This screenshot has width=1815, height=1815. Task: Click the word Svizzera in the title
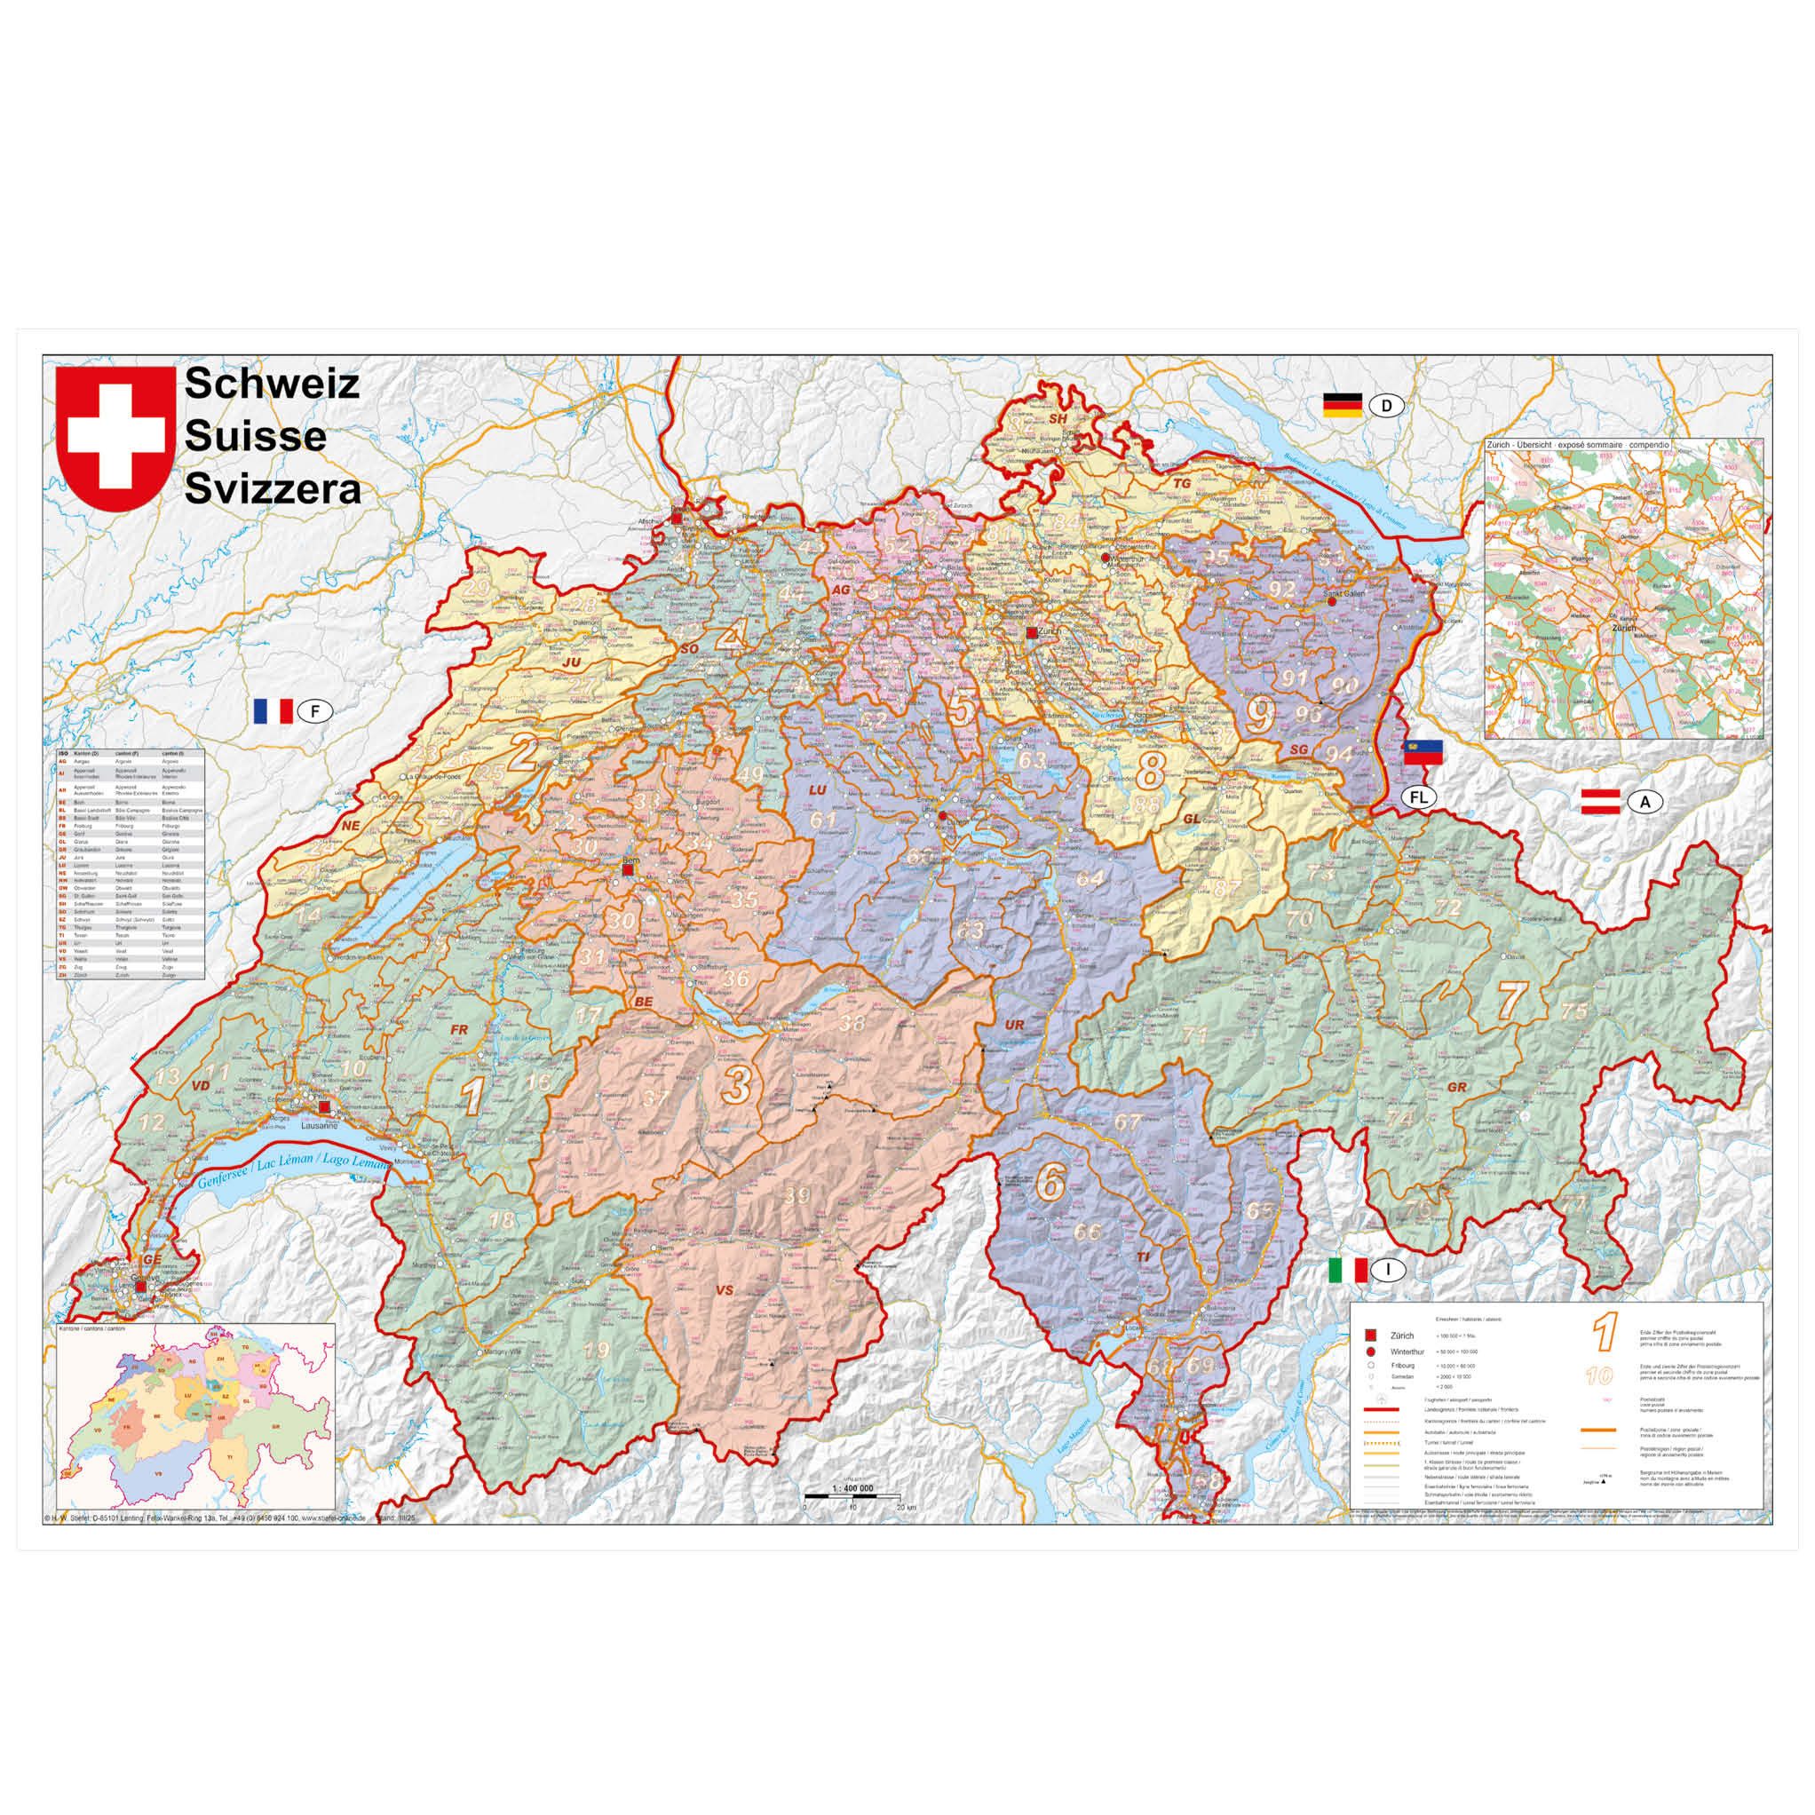(273, 489)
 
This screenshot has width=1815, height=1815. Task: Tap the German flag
(1342, 405)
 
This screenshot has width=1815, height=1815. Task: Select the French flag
(273, 711)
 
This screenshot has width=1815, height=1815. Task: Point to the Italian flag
(1348, 1270)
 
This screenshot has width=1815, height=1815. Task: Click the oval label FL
(1419, 797)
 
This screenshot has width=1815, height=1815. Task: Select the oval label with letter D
(1387, 406)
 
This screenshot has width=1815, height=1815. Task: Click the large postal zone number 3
(735, 1085)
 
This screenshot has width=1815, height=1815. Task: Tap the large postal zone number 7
(1509, 1001)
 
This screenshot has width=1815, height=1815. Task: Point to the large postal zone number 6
(1050, 1183)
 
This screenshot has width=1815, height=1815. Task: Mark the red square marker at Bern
(628, 870)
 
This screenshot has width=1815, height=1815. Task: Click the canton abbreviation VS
(724, 1291)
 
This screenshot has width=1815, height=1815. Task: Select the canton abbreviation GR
(1457, 1087)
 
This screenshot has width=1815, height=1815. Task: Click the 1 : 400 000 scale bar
(852, 1520)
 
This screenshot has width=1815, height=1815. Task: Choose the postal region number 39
(797, 1196)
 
